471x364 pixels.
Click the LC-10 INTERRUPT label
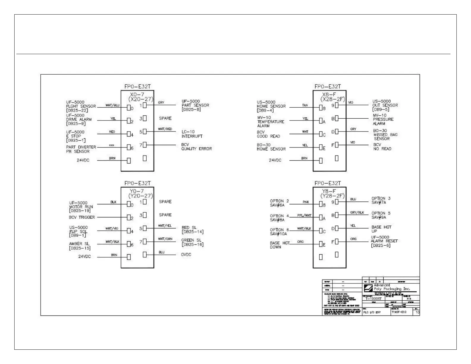pos(192,134)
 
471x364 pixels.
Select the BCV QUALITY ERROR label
pos(196,147)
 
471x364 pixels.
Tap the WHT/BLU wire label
pos(112,105)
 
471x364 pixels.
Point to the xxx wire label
pos(112,145)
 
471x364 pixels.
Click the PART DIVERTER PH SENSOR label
pos(81,149)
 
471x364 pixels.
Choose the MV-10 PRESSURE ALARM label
pos(383,119)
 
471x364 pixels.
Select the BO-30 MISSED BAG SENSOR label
pos(385,135)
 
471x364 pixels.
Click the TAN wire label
pos(305,105)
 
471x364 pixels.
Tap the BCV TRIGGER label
pos(82,217)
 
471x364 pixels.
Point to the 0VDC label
pos(186,255)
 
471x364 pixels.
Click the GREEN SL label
pos(192,242)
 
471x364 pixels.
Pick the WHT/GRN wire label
pos(165,239)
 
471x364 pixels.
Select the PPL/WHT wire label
pos(304,215)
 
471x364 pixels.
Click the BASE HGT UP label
pos(381,229)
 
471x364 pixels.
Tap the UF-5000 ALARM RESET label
pos(384,241)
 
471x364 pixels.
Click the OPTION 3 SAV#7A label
pos(381,200)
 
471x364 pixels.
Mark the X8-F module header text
pos(329,96)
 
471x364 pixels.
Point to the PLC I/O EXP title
pos(372,313)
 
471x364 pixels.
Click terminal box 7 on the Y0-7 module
pos(145,241)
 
